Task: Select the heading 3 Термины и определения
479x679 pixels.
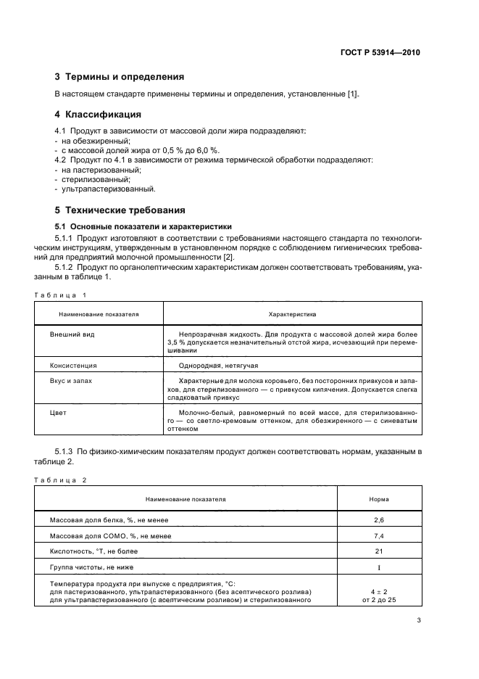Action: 120,76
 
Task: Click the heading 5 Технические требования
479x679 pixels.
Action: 120,210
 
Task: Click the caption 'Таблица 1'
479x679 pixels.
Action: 60,295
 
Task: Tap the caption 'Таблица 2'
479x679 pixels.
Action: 60,480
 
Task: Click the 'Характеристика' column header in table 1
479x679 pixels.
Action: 293,315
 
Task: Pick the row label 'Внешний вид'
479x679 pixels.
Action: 72,334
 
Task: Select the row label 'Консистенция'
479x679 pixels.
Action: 73,366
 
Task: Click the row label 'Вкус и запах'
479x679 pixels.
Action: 71,379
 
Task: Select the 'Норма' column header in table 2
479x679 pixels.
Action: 378,500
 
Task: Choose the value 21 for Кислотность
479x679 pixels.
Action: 378,551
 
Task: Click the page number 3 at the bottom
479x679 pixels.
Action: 419,620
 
